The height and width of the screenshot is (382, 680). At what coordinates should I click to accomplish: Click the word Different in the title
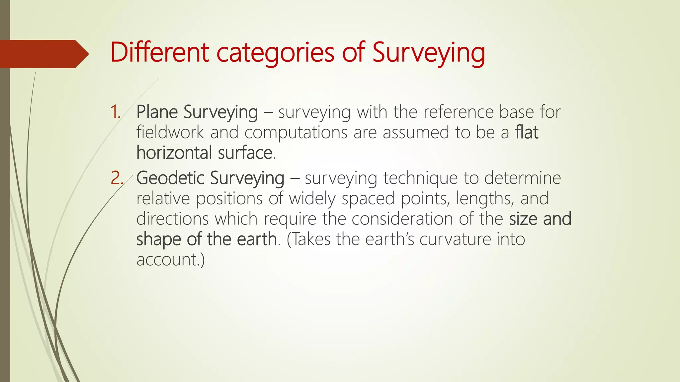159,52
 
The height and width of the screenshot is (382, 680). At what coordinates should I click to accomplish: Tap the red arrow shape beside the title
43,54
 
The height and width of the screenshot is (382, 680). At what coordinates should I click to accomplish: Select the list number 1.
115,112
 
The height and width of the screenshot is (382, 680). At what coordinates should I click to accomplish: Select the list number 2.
117,178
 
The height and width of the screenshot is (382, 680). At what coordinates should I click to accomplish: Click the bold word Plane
157,112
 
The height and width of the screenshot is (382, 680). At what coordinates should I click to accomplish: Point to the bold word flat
526,132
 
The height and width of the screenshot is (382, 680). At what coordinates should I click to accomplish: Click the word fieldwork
170,132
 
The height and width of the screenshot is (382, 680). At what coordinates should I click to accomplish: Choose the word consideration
402,219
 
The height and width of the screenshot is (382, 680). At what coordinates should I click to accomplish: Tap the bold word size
523,219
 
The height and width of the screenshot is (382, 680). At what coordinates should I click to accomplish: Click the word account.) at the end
170,260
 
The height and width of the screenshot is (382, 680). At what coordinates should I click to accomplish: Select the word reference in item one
458,112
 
